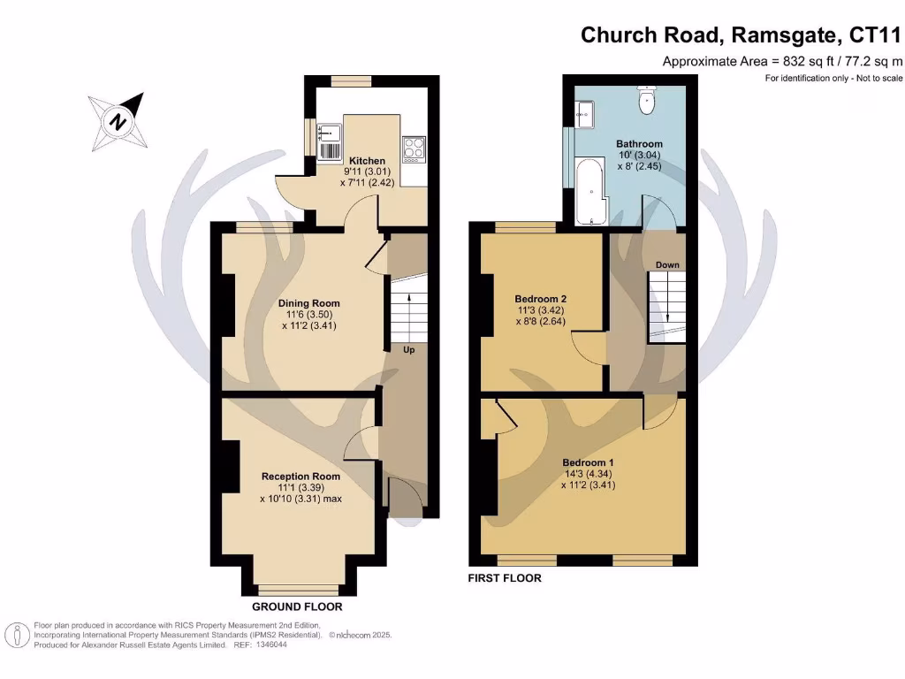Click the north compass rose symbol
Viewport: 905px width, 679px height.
pos(117,121)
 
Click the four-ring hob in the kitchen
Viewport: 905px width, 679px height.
pos(413,148)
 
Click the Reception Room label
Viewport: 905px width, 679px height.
pos(300,477)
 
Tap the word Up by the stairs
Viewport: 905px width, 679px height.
pos(409,350)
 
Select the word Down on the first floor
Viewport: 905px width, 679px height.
pos(667,265)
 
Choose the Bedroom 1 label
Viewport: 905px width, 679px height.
pos(588,462)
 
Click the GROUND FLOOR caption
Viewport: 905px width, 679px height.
pos(297,607)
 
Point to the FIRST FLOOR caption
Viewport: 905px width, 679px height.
pos(505,578)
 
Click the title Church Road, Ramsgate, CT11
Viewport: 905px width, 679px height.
pos(741,35)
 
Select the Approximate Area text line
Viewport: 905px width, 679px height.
pos(782,62)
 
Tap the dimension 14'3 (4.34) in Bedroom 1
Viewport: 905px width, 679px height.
pos(588,474)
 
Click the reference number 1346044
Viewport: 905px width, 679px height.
pos(270,645)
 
